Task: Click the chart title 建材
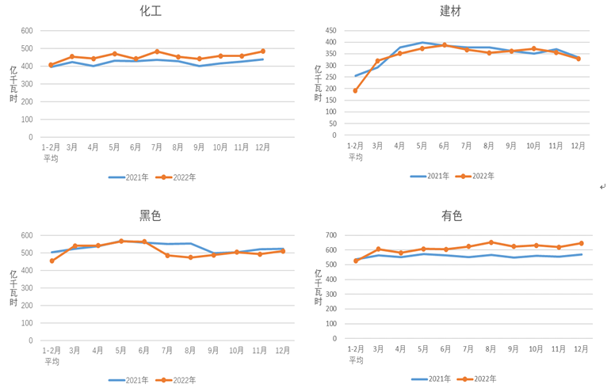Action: (x=451, y=11)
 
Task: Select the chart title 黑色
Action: (x=150, y=215)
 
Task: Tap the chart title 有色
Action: (x=452, y=215)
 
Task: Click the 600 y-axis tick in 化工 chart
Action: (x=27, y=31)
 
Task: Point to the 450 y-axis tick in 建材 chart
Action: (x=330, y=29)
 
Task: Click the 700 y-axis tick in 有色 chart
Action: (x=330, y=236)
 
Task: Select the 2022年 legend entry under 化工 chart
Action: (x=183, y=177)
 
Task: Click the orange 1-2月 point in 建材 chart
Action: (x=356, y=90)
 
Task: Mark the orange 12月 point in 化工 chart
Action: (x=263, y=51)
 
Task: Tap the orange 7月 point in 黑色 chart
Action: (x=167, y=255)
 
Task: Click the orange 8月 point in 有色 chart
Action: (x=491, y=242)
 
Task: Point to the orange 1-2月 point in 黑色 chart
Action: (x=52, y=261)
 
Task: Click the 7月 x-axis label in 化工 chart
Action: (x=157, y=147)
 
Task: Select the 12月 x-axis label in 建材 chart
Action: (x=578, y=146)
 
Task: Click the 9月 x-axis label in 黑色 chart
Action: (x=213, y=351)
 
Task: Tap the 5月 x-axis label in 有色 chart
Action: (x=423, y=349)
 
